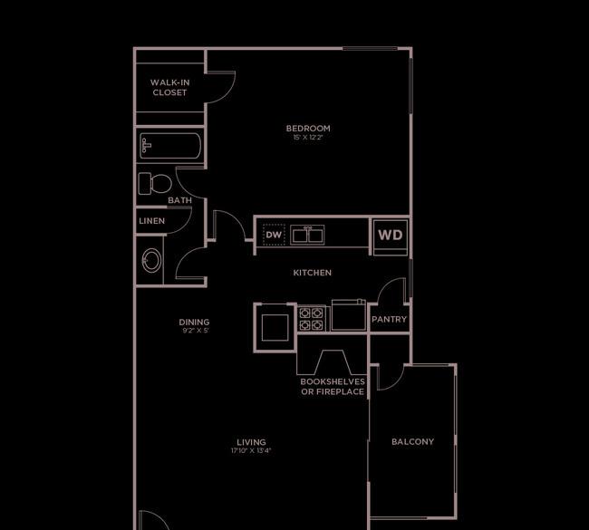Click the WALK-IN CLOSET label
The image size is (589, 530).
[x=169, y=88]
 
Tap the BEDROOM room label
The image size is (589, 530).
[x=308, y=128]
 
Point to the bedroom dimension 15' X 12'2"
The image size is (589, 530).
[x=308, y=138]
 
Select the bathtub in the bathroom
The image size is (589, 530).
[x=170, y=146]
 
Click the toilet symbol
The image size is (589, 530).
[x=155, y=184]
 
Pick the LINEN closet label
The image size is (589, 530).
[x=151, y=221]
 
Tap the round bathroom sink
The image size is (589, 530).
[x=151, y=260]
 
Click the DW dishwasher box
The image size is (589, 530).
[x=274, y=236]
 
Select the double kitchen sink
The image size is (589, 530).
[x=307, y=236]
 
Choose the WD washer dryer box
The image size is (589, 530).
[x=391, y=236]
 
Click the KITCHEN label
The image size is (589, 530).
[x=312, y=273]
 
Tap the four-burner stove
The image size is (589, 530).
[x=312, y=319]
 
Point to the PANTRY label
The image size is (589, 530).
[x=389, y=319]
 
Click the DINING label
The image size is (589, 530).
[x=194, y=322]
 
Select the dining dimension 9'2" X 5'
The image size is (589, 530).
[x=196, y=331]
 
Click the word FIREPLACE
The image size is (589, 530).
[x=340, y=391]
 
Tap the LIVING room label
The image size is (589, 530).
[x=251, y=442]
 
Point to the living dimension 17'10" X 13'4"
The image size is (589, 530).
[x=251, y=451]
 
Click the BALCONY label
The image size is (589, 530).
[x=412, y=442]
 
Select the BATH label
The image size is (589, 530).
[x=179, y=200]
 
